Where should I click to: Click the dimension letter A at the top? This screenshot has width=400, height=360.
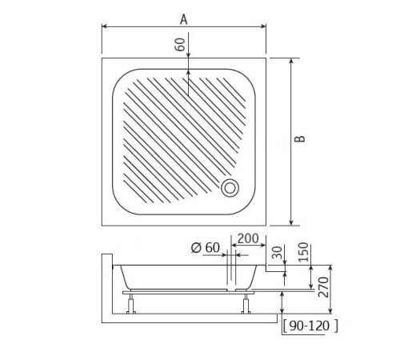[184, 19]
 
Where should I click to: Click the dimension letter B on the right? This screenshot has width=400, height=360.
[300, 138]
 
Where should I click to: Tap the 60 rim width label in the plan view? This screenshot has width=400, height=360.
[180, 45]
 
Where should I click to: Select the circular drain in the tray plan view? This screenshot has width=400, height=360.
[230, 188]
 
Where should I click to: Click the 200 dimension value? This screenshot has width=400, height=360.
[248, 238]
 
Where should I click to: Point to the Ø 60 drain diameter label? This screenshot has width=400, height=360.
[206, 248]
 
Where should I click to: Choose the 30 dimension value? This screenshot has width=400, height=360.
[278, 253]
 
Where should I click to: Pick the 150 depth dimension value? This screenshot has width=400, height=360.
[303, 252]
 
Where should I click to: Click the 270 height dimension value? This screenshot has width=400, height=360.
[323, 287]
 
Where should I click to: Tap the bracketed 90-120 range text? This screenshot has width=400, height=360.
[310, 326]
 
